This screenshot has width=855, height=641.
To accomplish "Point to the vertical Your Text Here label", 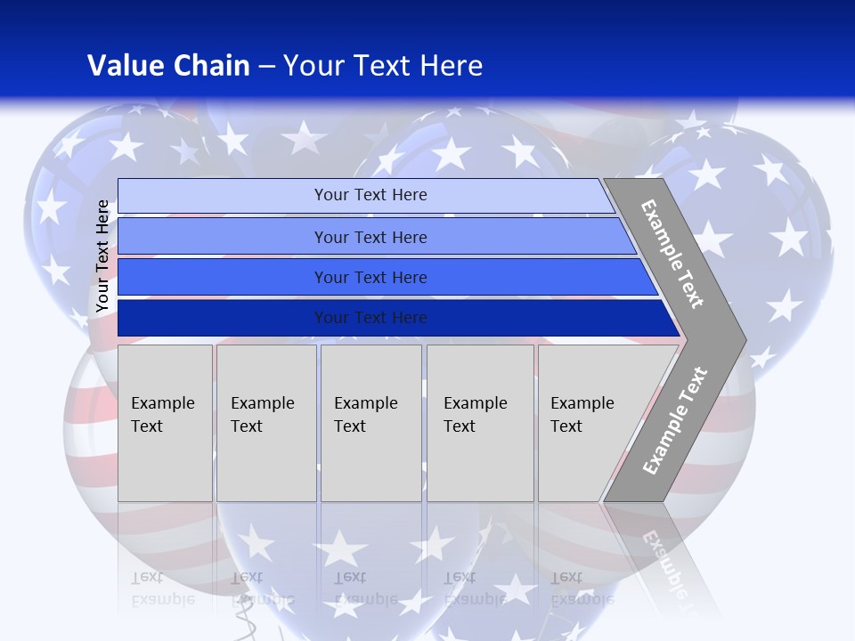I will pyautogui.click(x=102, y=256).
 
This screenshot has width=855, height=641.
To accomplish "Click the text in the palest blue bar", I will pyautogui.click(x=370, y=195).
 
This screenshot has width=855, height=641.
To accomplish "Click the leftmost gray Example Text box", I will pyautogui.click(x=165, y=423).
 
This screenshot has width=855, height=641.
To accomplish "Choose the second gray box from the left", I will pyautogui.click(x=266, y=423).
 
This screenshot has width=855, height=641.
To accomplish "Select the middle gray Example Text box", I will pyautogui.click(x=370, y=423).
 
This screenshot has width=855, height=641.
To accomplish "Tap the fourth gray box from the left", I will pyautogui.click(x=480, y=423).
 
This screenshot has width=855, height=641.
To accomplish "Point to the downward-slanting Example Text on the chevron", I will pyautogui.click(x=672, y=254).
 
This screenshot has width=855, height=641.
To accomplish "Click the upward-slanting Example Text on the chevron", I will pyautogui.click(x=675, y=421).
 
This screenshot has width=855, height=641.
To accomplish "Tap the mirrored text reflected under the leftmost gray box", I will pyautogui.click(x=163, y=588).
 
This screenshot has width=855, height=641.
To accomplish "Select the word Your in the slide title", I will pyautogui.click(x=312, y=66).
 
